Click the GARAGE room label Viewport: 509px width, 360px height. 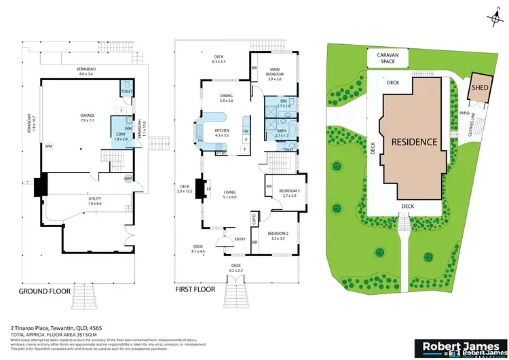coord(87,116)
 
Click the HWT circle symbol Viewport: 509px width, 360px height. coord(127,179)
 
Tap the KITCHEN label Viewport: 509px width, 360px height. coord(222,131)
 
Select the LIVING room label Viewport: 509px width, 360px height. coord(229,193)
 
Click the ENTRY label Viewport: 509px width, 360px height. coord(240,238)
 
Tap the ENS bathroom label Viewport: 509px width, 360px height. coord(283,102)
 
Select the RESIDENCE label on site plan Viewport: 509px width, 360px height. coord(413,143)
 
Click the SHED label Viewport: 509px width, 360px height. coord(481,86)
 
